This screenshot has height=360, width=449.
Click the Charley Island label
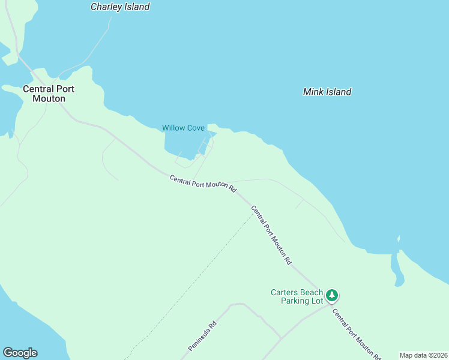(119, 7)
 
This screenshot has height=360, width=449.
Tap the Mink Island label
(327, 92)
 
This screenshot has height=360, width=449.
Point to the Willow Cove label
(183, 128)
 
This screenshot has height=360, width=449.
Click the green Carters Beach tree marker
(332, 295)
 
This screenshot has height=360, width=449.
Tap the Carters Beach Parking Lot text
(297, 296)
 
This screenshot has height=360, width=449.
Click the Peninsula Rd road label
(202, 337)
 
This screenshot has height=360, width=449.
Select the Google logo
(20, 353)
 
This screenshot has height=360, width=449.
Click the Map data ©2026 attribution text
(424, 355)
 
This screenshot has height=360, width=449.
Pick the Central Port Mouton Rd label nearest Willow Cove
(202, 183)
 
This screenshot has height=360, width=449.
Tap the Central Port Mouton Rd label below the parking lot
(357, 334)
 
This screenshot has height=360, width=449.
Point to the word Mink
(314, 92)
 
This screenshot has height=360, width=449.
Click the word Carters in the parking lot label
(284, 292)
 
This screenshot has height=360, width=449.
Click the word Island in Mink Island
(339, 92)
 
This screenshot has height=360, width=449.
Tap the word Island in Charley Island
(136, 7)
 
